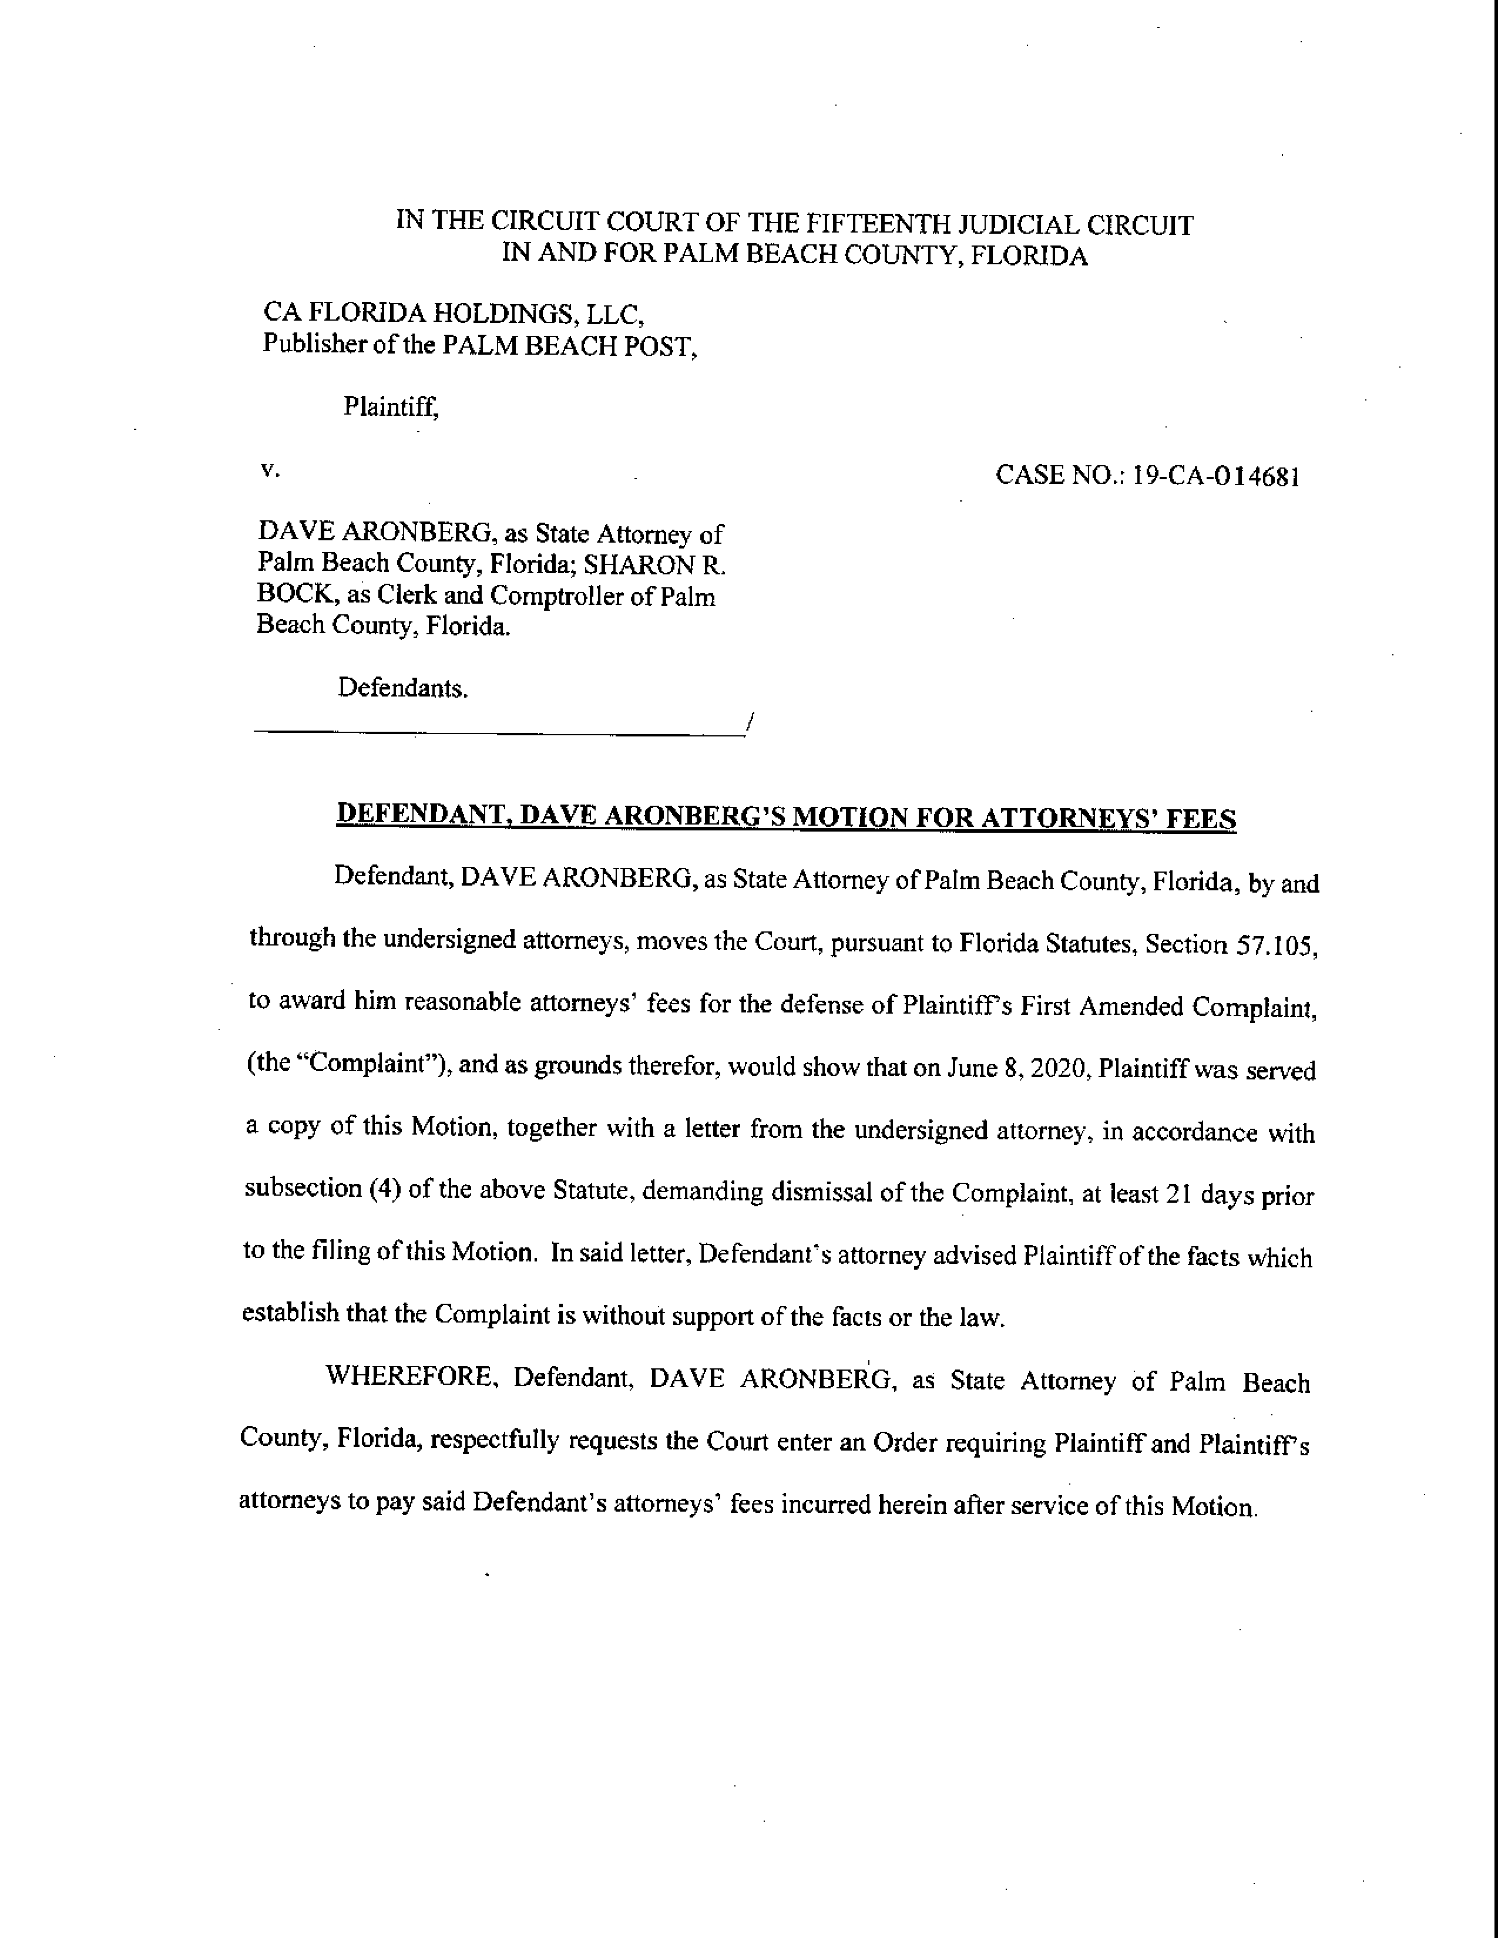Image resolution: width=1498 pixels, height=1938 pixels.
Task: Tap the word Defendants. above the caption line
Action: [402, 688]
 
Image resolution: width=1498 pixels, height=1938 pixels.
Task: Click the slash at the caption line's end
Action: [750, 721]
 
